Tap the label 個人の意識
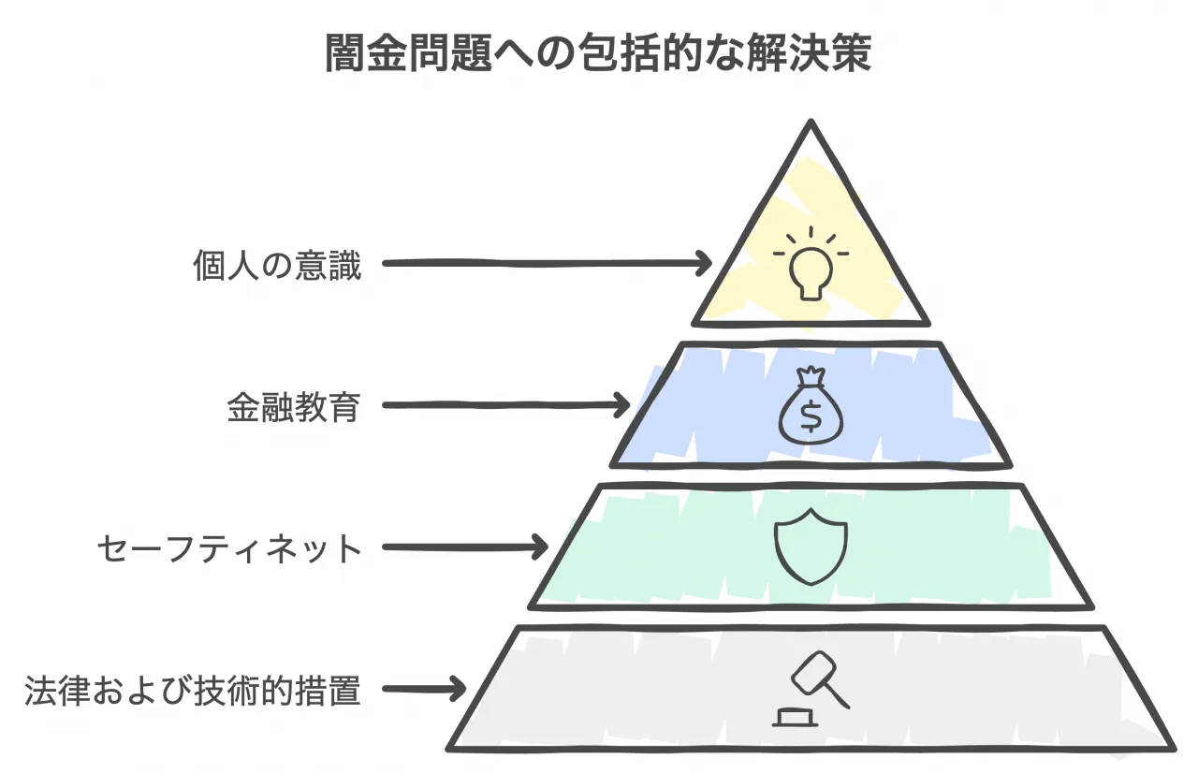(276, 266)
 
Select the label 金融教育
(293, 407)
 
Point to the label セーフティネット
(229, 548)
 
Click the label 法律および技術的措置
(192, 692)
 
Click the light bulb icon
(811, 263)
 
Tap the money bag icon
(811, 406)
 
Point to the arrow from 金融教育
(506, 406)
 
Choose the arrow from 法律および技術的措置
(424, 691)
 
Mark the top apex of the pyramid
(811, 124)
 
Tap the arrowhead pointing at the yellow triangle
(704, 264)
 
